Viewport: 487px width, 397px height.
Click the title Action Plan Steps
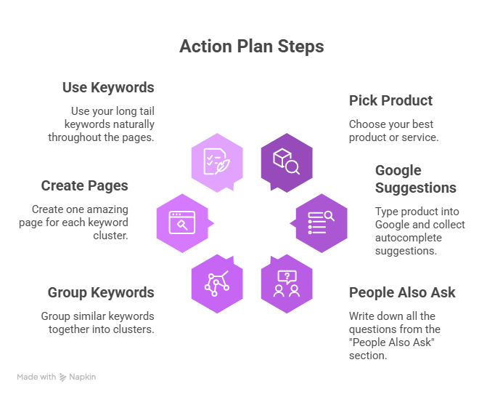pyautogui.click(x=252, y=47)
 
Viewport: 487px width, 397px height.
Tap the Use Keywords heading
pyautogui.click(x=108, y=87)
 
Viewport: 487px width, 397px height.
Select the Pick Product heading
pyautogui.click(x=390, y=100)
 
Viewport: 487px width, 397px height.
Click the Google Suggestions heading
pyautogui.click(x=416, y=179)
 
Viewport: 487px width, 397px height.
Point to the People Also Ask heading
pyautogui.click(x=402, y=292)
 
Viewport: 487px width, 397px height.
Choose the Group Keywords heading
pyautogui.click(x=101, y=292)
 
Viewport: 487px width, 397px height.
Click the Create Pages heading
pyautogui.click(x=84, y=185)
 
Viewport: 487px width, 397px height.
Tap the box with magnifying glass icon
pyautogui.click(x=287, y=161)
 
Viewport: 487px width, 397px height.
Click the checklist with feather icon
pyautogui.click(x=216, y=161)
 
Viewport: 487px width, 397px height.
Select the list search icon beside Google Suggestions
pyautogui.click(x=321, y=222)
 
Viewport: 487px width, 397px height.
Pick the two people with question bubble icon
pyautogui.click(x=287, y=284)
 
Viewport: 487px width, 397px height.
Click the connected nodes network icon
pyautogui.click(x=217, y=284)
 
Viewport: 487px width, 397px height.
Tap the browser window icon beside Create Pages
pyautogui.click(x=182, y=222)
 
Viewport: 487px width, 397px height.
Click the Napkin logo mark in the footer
pyautogui.click(x=62, y=377)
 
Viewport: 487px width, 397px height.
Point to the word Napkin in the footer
pyautogui.click(x=82, y=377)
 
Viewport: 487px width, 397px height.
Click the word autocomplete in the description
pyautogui.click(x=409, y=238)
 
